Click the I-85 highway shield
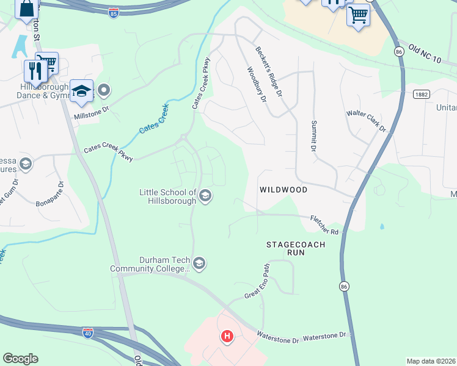tap(114, 13)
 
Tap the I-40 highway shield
tap(88, 332)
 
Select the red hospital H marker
tap(227, 336)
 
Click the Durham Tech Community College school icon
tap(199, 264)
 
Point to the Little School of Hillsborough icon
tap(206, 196)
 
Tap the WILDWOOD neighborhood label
tap(283, 190)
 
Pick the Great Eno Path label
tap(257, 281)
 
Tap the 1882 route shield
tap(420, 95)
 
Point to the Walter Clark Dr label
tap(367, 120)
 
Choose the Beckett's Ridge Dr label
tap(269, 72)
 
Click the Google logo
tap(21, 359)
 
